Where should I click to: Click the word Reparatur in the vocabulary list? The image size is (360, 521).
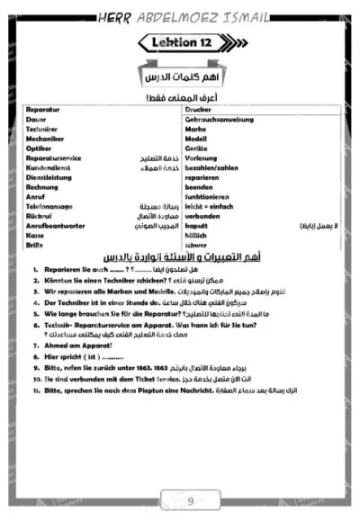[x=44, y=109]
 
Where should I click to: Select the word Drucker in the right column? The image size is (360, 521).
[x=199, y=109]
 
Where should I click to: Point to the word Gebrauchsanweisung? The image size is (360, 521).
[x=219, y=119]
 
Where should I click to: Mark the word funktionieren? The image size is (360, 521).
[x=210, y=196]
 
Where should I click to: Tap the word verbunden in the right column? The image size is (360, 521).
[x=203, y=216]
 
